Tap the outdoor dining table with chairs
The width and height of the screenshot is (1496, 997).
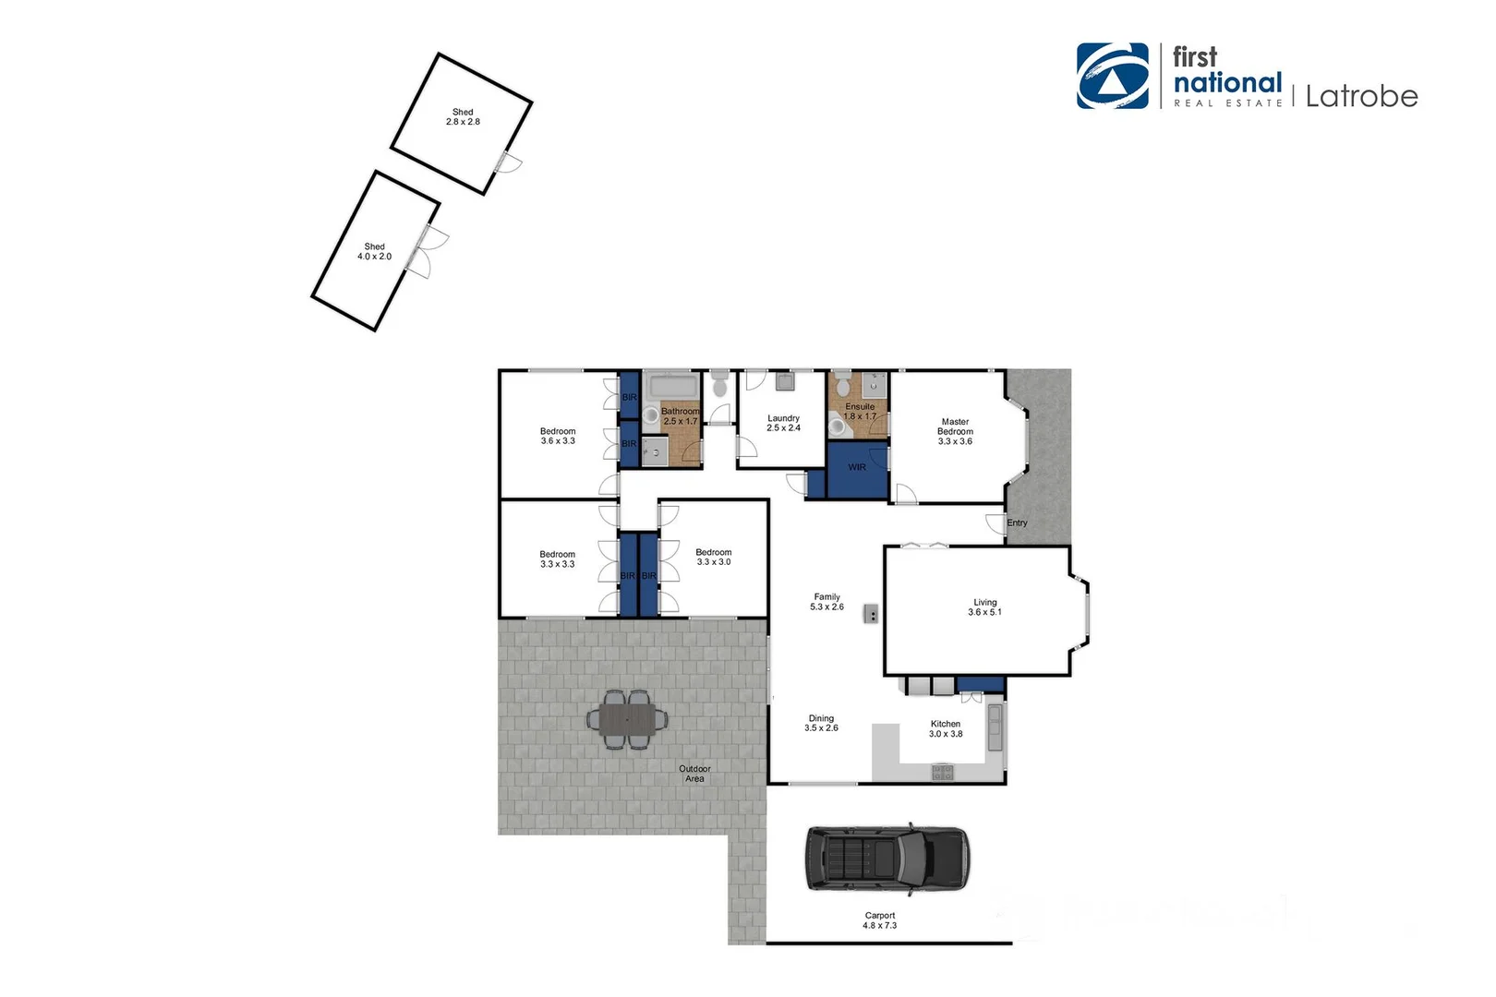[628, 718]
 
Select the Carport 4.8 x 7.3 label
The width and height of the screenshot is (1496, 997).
[879, 920]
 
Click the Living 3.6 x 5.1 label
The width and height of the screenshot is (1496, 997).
[984, 607]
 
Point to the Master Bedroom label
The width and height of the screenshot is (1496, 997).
[955, 431]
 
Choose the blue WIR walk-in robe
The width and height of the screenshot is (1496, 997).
[857, 468]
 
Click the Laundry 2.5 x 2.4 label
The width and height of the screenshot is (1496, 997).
[783, 423]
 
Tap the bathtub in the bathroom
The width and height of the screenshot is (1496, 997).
[674, 386]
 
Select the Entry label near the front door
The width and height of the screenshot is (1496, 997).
[1017, 523]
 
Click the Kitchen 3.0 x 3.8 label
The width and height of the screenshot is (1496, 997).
[945, 729]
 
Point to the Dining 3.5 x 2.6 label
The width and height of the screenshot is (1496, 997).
[821, 723]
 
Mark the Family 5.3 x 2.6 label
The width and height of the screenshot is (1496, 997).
[826, 602]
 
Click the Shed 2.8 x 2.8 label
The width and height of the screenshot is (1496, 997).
[463, 116]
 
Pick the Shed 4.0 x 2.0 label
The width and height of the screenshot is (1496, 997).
[374, 251]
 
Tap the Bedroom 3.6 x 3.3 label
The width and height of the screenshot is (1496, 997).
[558, 436]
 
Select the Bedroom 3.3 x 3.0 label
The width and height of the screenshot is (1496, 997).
[713, 557]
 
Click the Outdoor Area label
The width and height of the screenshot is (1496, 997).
[694, 774]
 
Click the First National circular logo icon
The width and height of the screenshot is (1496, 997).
[1113, 76]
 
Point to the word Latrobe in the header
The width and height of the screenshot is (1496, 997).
[1361, 96]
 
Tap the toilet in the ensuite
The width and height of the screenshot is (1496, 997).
[838, 426]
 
